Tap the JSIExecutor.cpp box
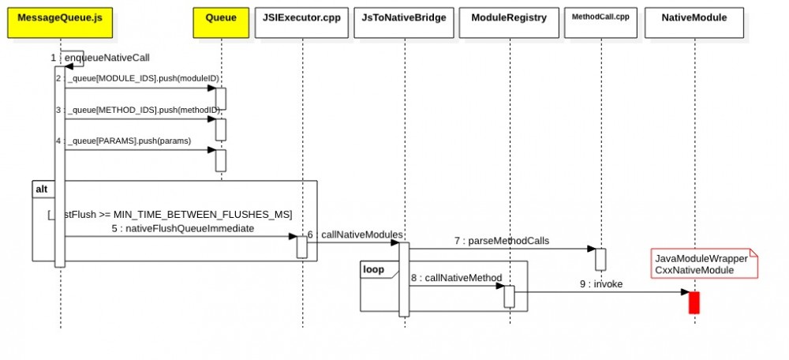301,17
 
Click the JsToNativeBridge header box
404,17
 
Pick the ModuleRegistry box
510,17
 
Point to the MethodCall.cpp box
600,17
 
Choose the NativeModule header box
694,17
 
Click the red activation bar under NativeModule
694,302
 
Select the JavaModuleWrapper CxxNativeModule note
702,264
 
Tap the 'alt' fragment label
41,189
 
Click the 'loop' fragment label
373,269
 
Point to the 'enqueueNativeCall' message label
103,58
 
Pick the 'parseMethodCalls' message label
501,240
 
